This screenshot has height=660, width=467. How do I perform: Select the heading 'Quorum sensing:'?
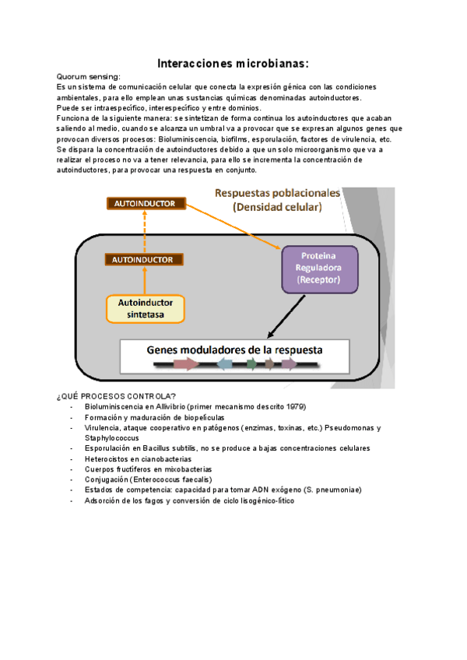click(88, 77)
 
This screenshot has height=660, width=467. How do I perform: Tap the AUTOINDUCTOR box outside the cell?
click(145, 204)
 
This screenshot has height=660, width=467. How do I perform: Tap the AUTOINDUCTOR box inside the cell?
click(145, 259)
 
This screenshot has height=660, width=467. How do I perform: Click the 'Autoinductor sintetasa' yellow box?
click(146, 308)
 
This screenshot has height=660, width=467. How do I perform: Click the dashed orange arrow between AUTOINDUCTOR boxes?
click(145, 231)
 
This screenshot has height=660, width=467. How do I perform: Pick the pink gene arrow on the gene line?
click(186, 363)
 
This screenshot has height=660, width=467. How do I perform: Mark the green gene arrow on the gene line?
click(252, 363)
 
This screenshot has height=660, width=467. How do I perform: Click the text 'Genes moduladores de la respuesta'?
click(234, 349)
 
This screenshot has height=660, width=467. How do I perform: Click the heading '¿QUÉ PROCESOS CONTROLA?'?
click(116, 396)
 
